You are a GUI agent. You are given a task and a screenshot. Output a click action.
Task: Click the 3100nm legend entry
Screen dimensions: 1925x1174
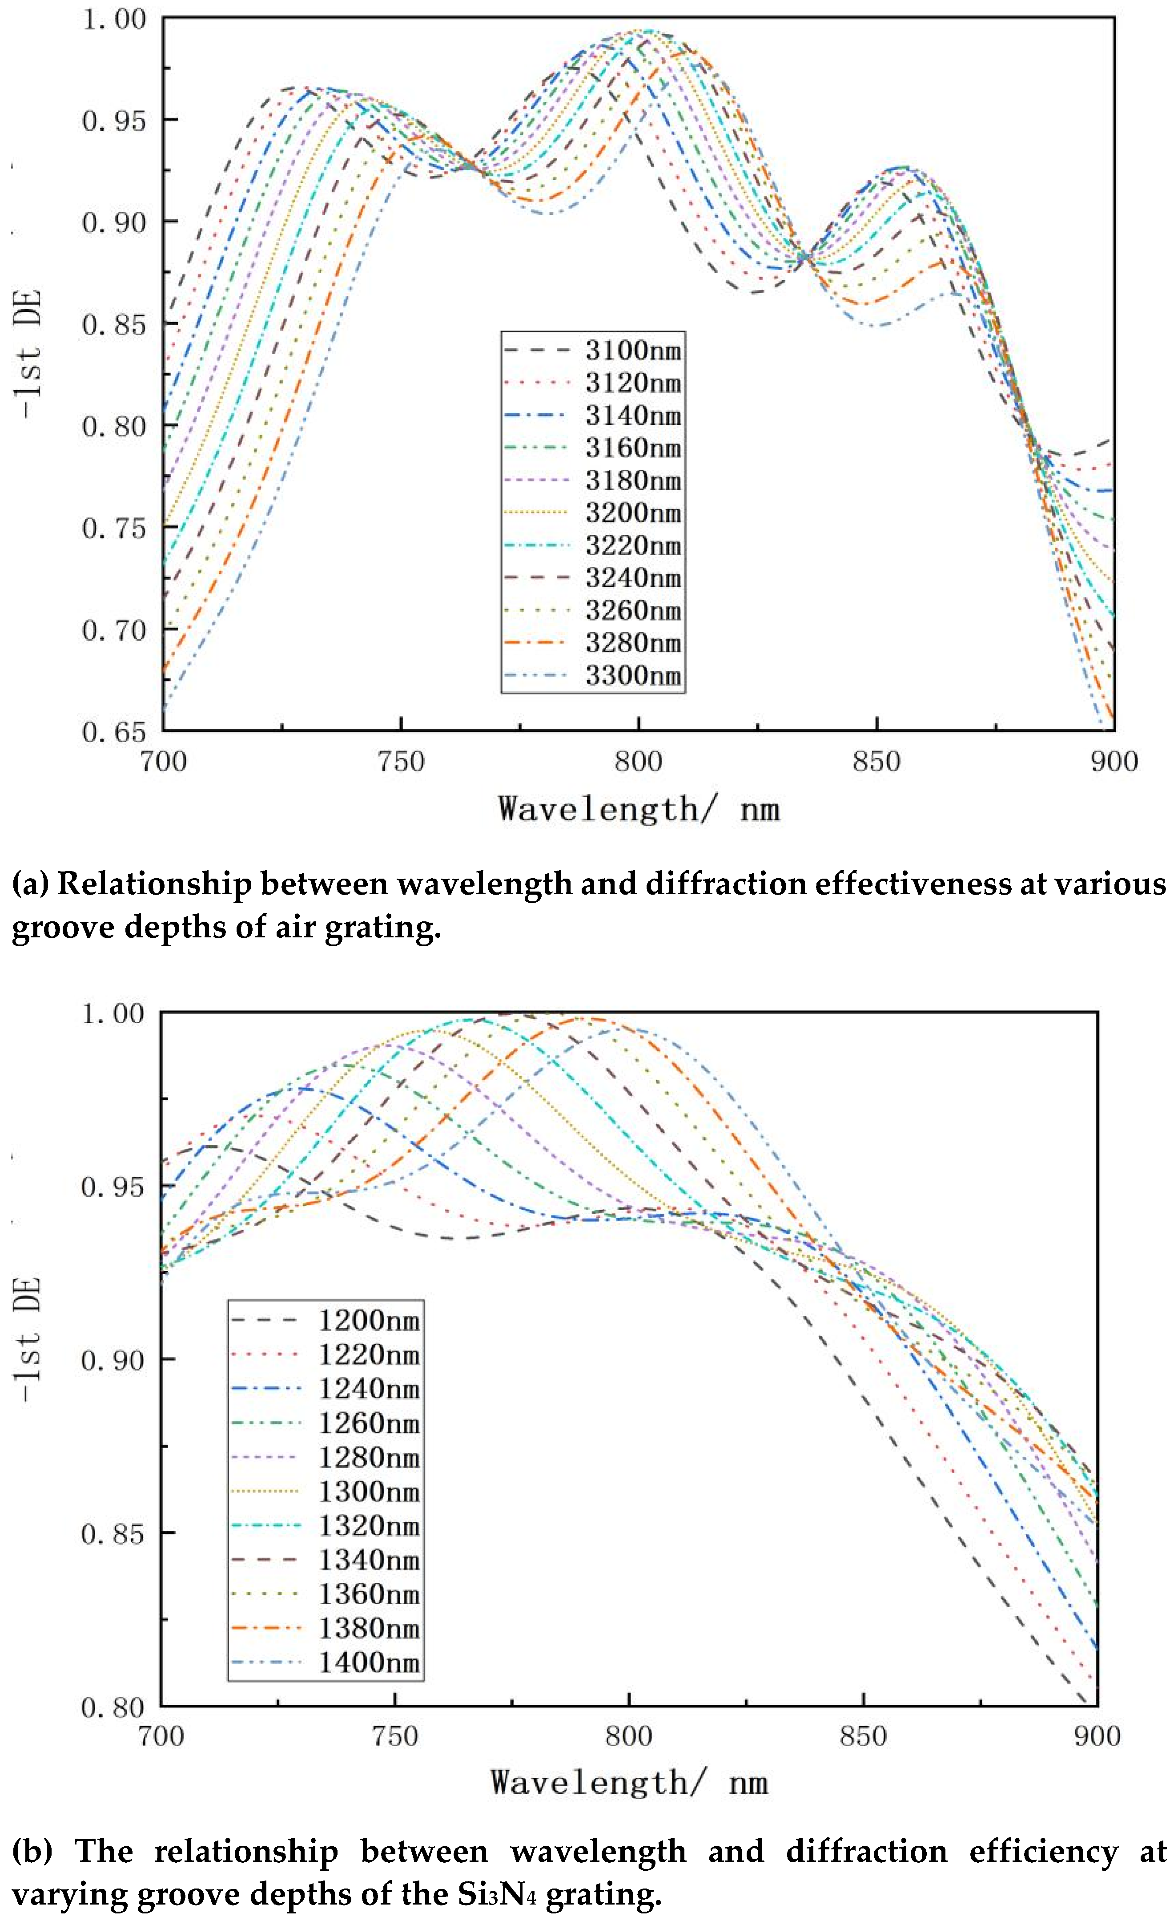[x=633, y=350]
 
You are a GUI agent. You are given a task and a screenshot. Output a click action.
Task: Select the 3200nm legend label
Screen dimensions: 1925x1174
[x=633, y=513]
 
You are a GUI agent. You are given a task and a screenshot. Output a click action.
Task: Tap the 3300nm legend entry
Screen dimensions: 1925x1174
[x=633, y=676]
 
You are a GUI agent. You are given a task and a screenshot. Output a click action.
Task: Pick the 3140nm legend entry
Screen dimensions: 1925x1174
[x=633, y=416]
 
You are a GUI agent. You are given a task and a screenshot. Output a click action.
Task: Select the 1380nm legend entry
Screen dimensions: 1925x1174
[x=369, y=1628]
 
